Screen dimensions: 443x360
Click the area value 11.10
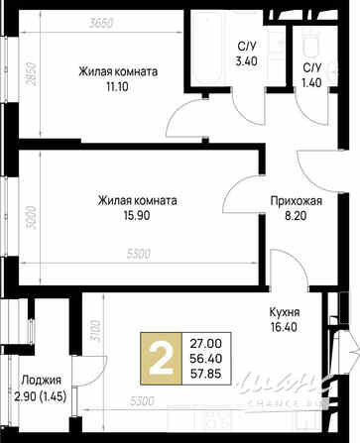(119, 87)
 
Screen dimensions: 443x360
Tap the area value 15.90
(137, 218)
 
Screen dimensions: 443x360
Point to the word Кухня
(286, 310)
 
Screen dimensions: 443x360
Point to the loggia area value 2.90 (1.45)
(40, 395)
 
